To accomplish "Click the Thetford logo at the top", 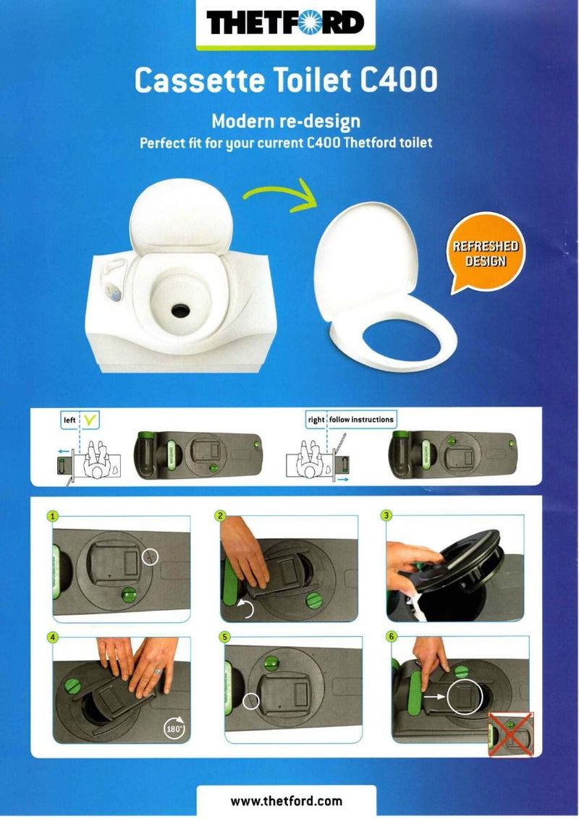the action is point(285,23).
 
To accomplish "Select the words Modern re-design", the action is point(286,121).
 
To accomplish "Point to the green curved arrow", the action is point(282,195).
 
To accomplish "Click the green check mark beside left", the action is point(90,420).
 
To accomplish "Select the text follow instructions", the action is point(361,420).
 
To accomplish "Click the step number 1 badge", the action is point(53,516).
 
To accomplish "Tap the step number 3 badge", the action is point(386,516).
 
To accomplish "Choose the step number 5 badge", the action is point(224,637).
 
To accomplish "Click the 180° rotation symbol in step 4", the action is point(174,727).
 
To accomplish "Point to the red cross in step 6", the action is point(510,734).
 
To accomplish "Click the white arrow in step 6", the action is point(434,696).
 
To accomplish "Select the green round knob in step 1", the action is point(129,595).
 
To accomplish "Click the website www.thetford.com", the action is point(287,801).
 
